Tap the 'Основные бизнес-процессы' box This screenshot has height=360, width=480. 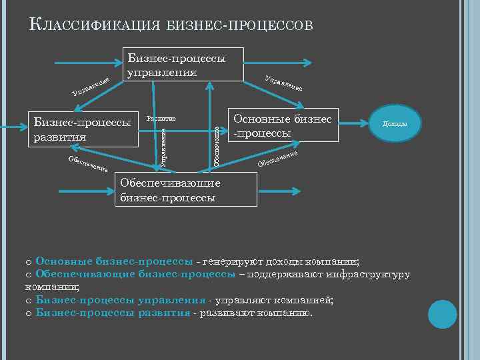point(283,126)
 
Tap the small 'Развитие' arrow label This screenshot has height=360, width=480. point(161,118)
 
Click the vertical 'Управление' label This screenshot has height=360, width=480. point(165,145)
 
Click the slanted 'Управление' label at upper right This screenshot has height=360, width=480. point(285,82)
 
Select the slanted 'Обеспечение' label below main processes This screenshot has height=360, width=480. point(277,159)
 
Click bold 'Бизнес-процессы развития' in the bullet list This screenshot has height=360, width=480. point(113,313)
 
